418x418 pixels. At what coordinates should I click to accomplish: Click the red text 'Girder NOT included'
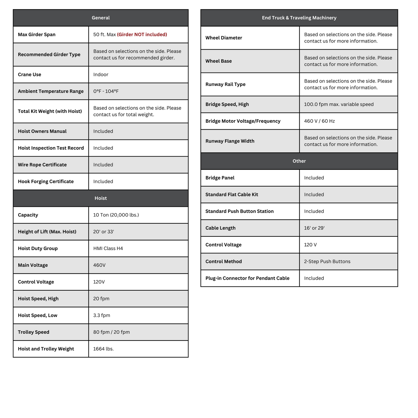142,35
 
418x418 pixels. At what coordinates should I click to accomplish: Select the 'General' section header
101,18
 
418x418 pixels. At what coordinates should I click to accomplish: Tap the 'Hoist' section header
101,198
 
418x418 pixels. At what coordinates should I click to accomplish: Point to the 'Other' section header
299,161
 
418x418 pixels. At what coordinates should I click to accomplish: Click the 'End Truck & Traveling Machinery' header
299,18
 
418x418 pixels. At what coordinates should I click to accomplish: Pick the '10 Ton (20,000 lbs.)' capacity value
116,215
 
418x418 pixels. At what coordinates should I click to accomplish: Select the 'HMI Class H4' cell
108,249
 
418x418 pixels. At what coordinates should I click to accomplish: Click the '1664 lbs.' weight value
103,349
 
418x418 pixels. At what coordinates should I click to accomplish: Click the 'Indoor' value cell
101,74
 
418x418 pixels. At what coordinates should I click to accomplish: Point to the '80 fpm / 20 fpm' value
111,332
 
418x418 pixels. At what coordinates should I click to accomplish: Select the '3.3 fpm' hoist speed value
101,315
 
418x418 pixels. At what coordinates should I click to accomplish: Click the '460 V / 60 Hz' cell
319,121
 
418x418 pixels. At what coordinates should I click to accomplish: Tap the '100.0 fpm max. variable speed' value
339,104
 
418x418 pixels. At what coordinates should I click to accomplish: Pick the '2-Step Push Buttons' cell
327,261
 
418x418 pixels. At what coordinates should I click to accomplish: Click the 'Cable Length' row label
220,228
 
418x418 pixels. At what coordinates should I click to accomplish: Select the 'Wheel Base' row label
218,61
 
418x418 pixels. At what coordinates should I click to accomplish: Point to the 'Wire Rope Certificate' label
42,165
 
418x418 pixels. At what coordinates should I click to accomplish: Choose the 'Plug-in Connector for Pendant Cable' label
247,278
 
